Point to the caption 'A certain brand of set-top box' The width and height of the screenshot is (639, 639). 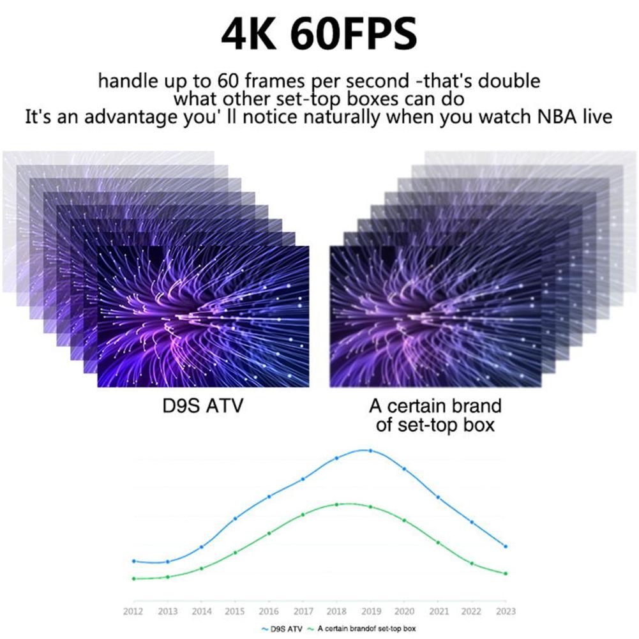point(435,415)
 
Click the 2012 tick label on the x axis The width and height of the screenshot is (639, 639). point(134,611)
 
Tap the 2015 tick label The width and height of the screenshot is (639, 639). point(235,611)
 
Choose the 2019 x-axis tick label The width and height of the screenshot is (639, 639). point(370,611)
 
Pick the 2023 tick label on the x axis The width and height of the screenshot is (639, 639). point(506,611)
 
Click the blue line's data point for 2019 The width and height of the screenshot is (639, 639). point(370,451)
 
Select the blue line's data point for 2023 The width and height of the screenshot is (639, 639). point(506,546)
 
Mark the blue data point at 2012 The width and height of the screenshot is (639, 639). point(134,561)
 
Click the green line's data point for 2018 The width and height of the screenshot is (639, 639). point(336,504)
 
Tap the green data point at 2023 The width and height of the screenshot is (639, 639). point(506,573)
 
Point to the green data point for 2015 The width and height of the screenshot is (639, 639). point(235,552)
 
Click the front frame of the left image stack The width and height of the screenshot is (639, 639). point(203,317)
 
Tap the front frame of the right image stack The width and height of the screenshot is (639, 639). point(435,317)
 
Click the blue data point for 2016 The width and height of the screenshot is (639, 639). point(269,497)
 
